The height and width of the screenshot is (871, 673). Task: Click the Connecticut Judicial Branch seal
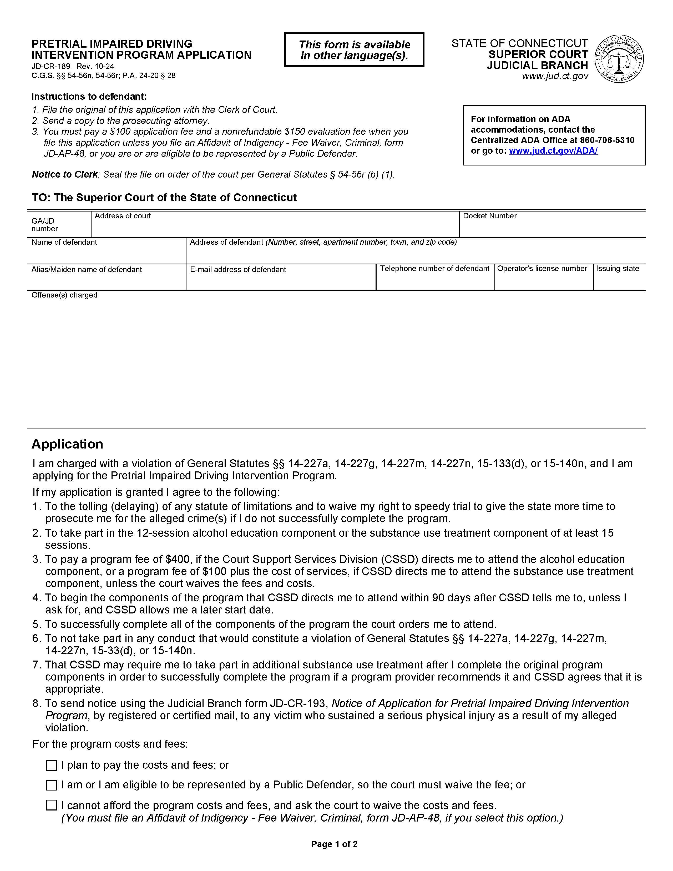[619, 59]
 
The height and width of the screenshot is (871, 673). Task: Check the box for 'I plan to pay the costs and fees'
[52, 765]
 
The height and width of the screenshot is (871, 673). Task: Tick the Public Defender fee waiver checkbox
[52, 785]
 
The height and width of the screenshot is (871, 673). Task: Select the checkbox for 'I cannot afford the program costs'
[52, 805]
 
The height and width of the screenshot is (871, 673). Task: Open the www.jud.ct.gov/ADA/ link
[553, 151]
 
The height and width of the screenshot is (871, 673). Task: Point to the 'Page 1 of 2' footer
[334, 844]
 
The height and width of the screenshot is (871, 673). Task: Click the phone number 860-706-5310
[607, 140]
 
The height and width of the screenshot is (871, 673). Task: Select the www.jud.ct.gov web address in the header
[555, 76]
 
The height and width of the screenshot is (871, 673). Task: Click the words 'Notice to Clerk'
[65, 174]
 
